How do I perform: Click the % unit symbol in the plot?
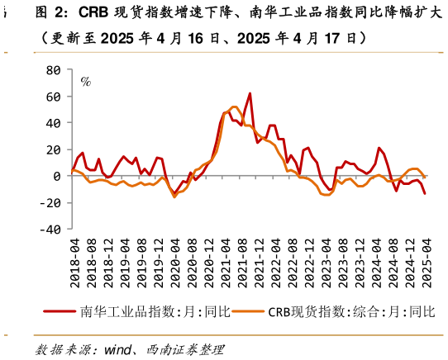click(x=85, y=82)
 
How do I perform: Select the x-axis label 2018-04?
click(x=74, y=263)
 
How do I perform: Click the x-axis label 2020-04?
click(x=175, y=263)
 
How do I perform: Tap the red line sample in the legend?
click(x=60, y=311)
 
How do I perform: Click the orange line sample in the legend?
click(x=248, y=311)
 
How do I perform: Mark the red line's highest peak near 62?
click(x=250, y=94)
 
